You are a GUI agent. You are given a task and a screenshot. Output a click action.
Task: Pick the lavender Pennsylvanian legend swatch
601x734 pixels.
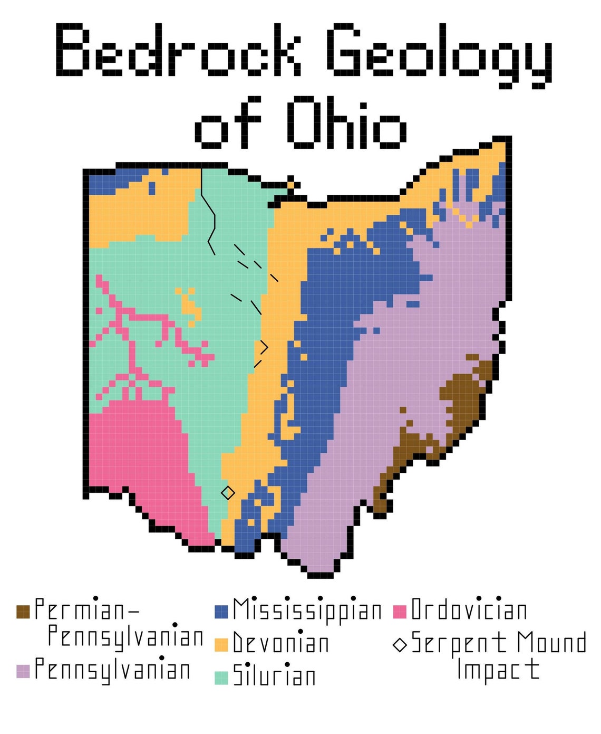point(23,671)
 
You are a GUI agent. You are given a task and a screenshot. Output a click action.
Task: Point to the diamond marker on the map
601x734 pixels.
point(228,493)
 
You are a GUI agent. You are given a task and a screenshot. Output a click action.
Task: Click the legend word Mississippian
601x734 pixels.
point(307,611)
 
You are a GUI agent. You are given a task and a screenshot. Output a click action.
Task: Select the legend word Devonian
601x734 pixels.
point(281,643)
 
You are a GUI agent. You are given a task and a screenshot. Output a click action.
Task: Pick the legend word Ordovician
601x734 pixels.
point(469,611)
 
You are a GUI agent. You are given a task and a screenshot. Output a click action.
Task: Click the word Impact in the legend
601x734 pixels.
point(498,669)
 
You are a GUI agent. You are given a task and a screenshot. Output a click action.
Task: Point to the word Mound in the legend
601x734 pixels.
point(551,643)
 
